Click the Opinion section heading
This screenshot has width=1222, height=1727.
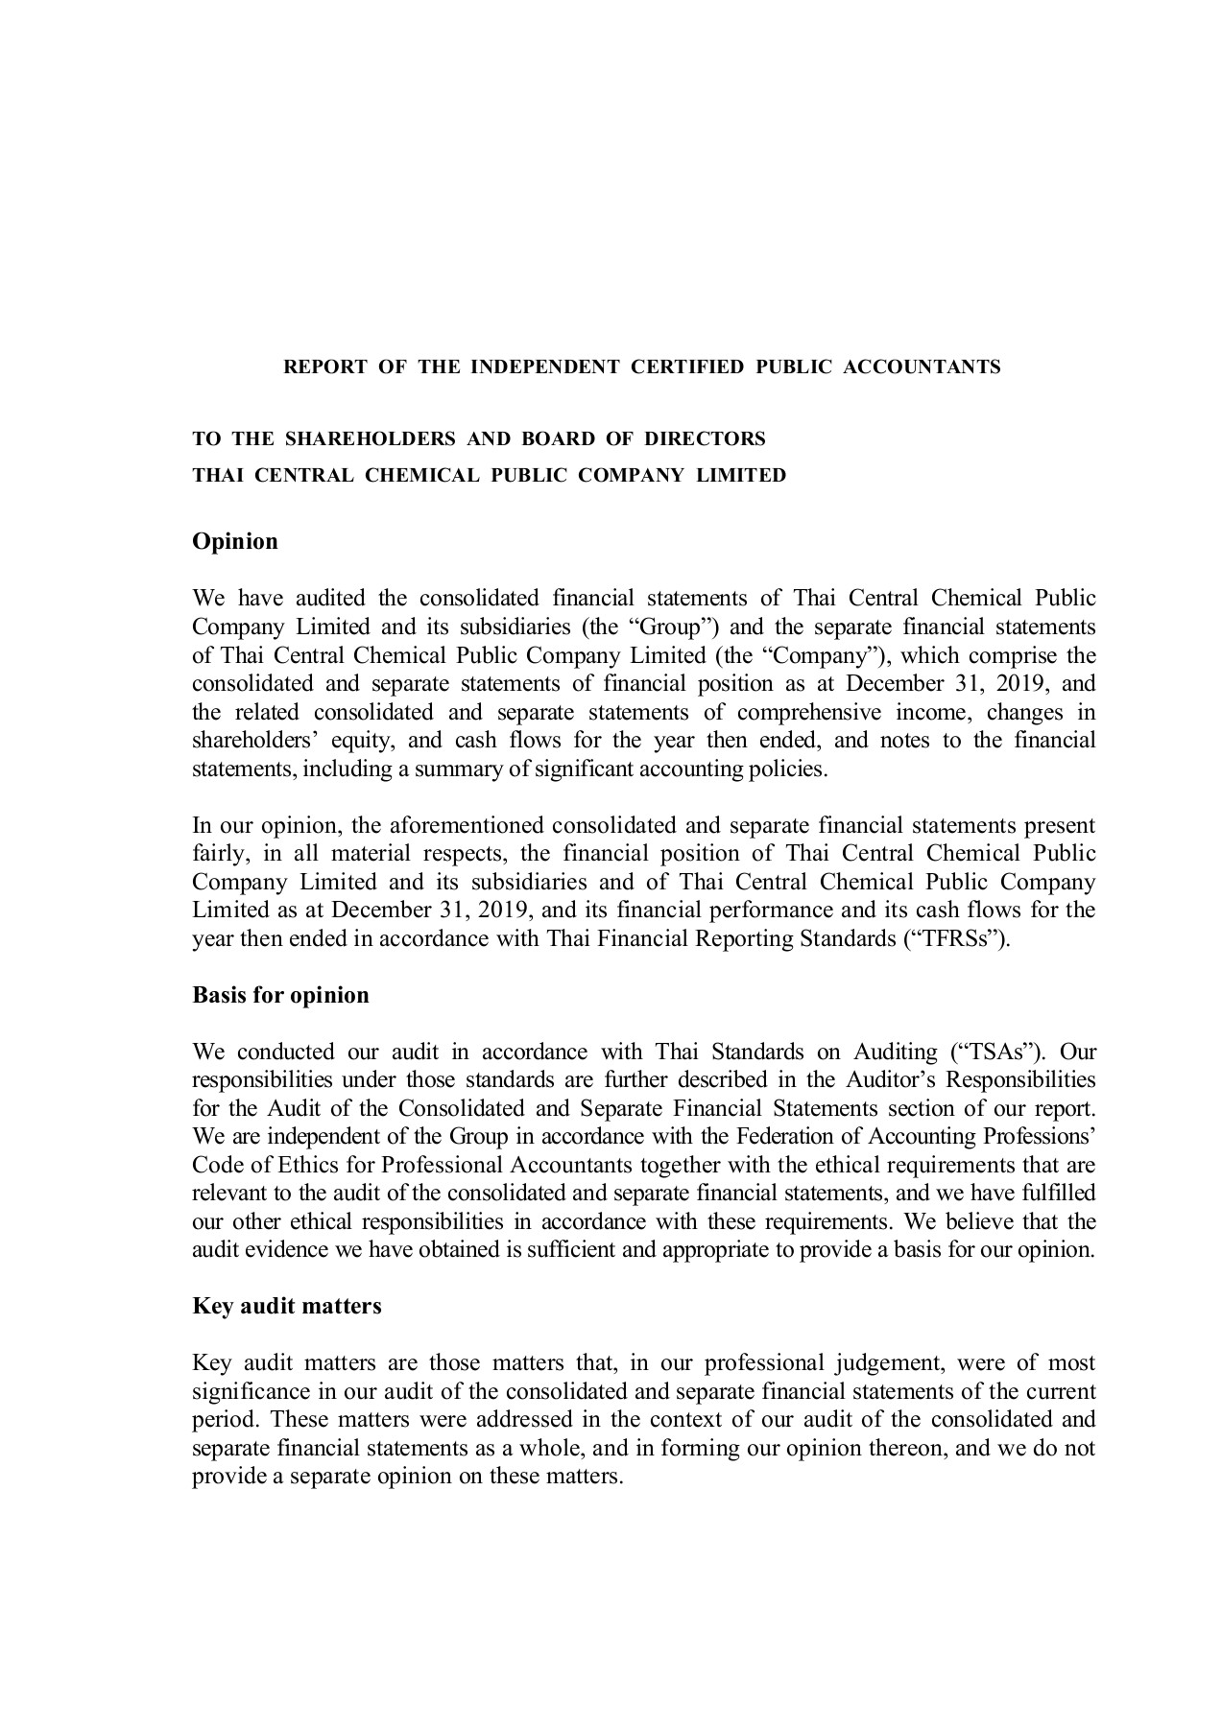(x=235, y=541)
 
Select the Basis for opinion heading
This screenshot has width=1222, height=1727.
(x=280, y=995)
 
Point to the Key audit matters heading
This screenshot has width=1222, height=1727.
(x=287, y=1306)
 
